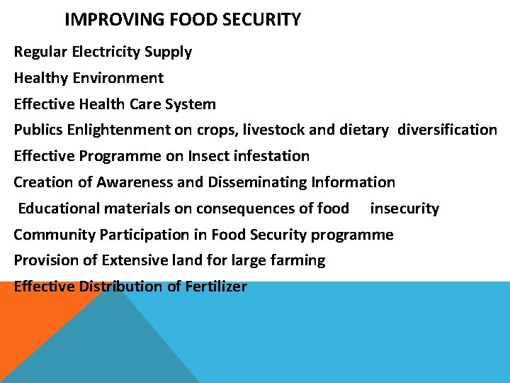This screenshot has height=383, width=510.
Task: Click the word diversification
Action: click(447, 130)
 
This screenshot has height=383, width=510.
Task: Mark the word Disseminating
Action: click(257, 182)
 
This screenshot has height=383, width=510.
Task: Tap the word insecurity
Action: click(404, 209)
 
